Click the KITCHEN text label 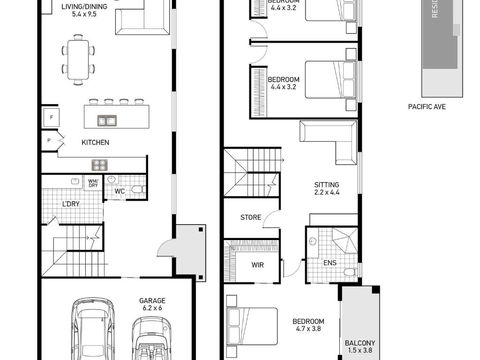(x=96, y=143)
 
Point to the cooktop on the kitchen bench (x=100, y=164)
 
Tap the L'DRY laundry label (x=70, y=204)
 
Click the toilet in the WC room (x=137, y=189)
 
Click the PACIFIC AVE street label (x=427, y=103)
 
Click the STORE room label (x=251, y=217)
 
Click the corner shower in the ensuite (x=343, y=239)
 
